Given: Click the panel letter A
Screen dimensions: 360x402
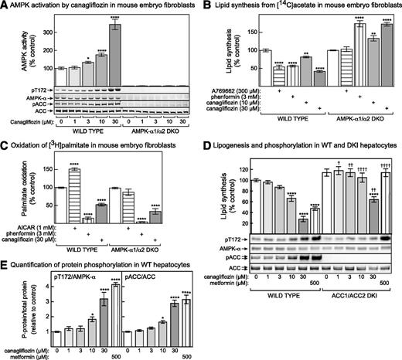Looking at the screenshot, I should click(5, 6).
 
